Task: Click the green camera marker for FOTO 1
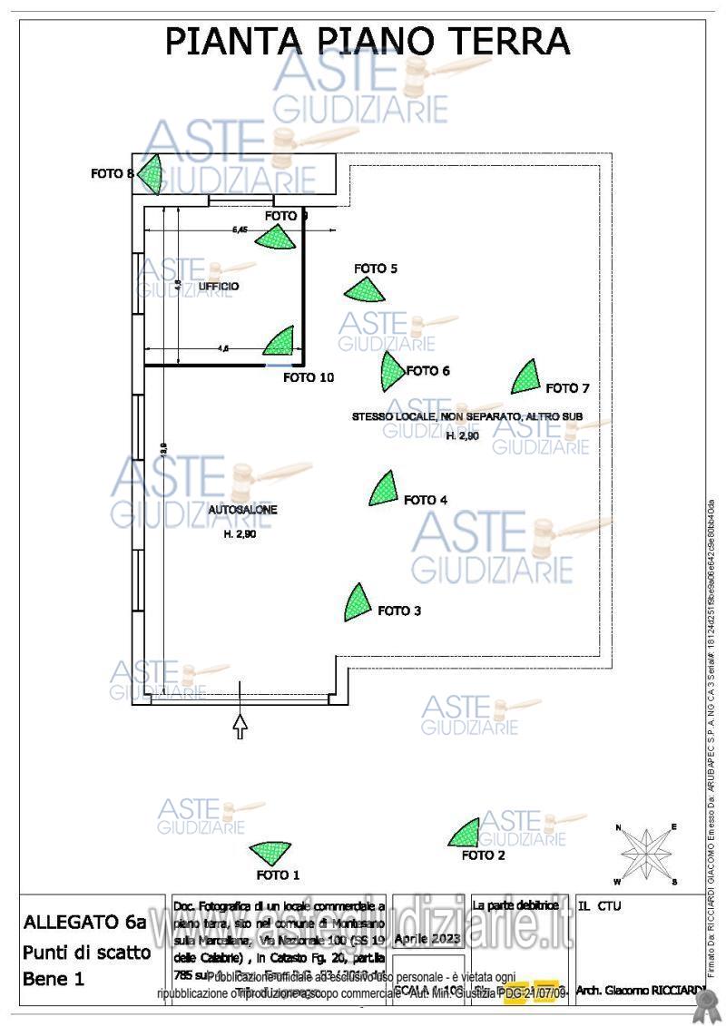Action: pos(270,853)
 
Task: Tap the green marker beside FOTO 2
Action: pos(466,833)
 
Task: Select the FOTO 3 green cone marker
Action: pos(357,603)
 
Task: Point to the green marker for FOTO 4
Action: pos(384,489)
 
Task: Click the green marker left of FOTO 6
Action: pos(391,367)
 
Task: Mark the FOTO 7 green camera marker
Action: pos(525,377)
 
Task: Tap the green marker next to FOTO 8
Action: pos(150,174)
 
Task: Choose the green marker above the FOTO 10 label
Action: pos(281,342)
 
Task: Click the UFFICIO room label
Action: pos(219,287)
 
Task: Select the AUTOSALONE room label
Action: pos(242,511)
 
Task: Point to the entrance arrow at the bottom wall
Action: pos(240,723)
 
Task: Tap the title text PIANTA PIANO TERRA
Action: pos(367,42)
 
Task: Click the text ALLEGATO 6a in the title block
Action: pos(84,923)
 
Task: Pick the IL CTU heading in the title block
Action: pos(599,905)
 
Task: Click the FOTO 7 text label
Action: pos(568,388)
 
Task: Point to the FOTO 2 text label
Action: pos(484,855)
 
